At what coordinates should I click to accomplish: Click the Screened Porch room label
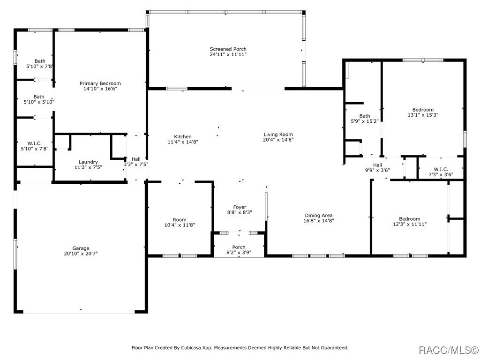click(x=228, y=49)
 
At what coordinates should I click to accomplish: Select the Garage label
click(x=81, y=248)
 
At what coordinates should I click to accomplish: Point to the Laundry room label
click(x=88, y=162)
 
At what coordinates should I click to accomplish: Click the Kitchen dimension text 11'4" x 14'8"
click(x=183, y=142)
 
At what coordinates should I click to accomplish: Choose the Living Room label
click(x=278, y=134)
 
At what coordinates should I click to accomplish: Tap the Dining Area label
click(x=318, y=215)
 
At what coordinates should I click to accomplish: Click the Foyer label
click(x=240, y=207)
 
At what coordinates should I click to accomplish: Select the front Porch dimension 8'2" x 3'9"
click(x=239, y=253)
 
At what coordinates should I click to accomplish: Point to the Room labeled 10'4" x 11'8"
click(x=180, y=219)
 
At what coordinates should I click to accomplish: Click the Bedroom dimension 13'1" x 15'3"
click(x=423, y=115)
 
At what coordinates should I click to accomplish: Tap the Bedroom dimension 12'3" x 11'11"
click(x=409, y=224)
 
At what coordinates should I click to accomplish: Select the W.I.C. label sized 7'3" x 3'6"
click(x=441, y=169)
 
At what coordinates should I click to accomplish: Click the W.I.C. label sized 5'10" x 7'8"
click(x=35, y=143)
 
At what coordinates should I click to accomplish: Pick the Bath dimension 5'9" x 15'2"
click(x=364, y=121)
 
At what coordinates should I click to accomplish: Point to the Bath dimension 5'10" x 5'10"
click(x=39, y=102)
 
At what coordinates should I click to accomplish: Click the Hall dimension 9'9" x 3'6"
click(x=377, y=170)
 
